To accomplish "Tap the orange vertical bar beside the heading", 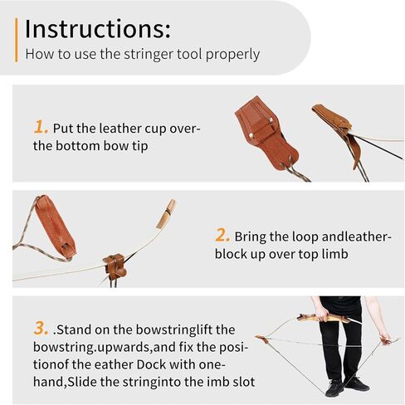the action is point(17,40).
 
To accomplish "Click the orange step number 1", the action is point(40,127).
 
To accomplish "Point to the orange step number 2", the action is point(222,235).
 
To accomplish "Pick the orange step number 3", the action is point(41,329).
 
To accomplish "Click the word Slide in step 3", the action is point(82,382).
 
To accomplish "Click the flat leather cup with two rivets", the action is point(266,132).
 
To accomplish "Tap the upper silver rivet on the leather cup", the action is point(271,120).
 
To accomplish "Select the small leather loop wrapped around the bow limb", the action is point(115,267).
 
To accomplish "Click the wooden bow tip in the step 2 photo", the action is point(167,214).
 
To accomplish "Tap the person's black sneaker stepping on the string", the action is point(334,388).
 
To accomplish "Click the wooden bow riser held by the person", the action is point(326,319).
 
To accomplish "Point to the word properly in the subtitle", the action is point(232,54).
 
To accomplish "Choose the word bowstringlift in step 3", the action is point(174,329).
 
